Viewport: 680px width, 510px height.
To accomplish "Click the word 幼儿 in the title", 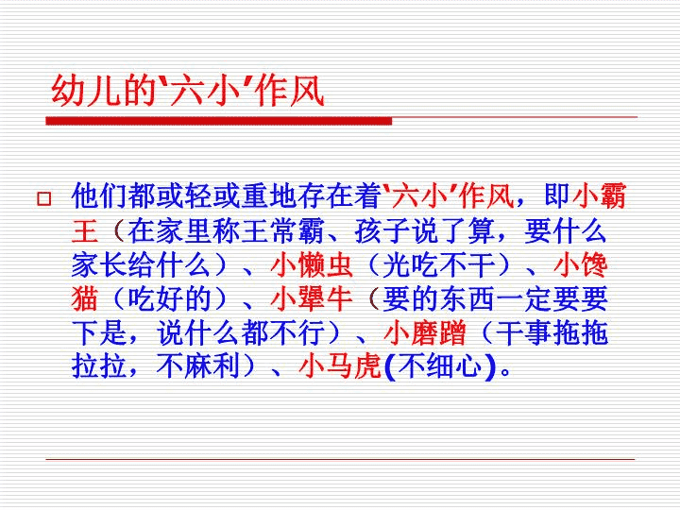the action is pyautogui.click(x=86, y=91).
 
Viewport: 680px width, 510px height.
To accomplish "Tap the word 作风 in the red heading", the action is pyautogui.click(x=290, y=91).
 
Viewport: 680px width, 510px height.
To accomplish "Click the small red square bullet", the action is pyautogui.click(x=43, y=199).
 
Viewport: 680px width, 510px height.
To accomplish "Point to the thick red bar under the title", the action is pyautogui.click(x=219, y=121).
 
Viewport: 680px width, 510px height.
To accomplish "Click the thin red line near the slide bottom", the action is pyautogui.click(x=340, y=459).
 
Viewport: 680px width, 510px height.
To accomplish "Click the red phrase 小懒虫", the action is pyautogui.click(x=312, y=265).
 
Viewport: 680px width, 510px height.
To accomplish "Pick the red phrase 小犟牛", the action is pyautogui.click(x=312, y=299).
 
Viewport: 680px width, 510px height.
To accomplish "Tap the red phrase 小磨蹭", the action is pyautogui.click(x=425, y=333).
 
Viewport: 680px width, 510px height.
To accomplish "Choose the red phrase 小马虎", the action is pyautogui.click(x=340, y=366).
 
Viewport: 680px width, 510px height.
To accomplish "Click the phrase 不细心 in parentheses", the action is pyautogui.click(x=439, y=366).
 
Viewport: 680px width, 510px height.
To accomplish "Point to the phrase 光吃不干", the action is pyautogui.click(x=439, y=265).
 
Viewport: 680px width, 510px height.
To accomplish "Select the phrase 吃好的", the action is pyautogui.click(x=170, y=299).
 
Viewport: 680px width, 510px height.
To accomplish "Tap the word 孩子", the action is pyautogui.click(x=382, y=230).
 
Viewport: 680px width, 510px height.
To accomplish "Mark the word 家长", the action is pyautogui.click(x=99, y=265).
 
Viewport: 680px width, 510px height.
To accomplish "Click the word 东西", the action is pyautogui.click(x=467, y=299).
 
